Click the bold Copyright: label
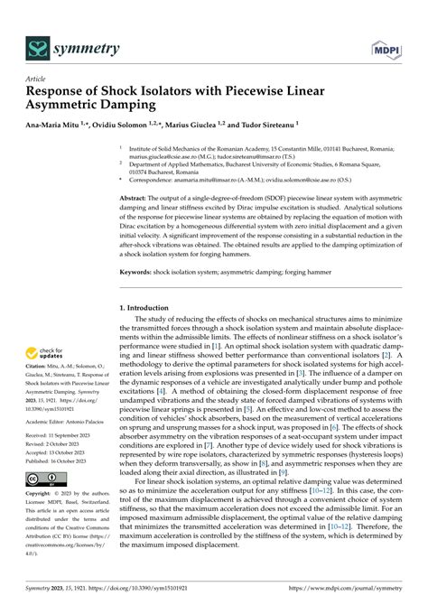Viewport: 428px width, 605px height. pyautogui.click(x=43, y=495)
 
